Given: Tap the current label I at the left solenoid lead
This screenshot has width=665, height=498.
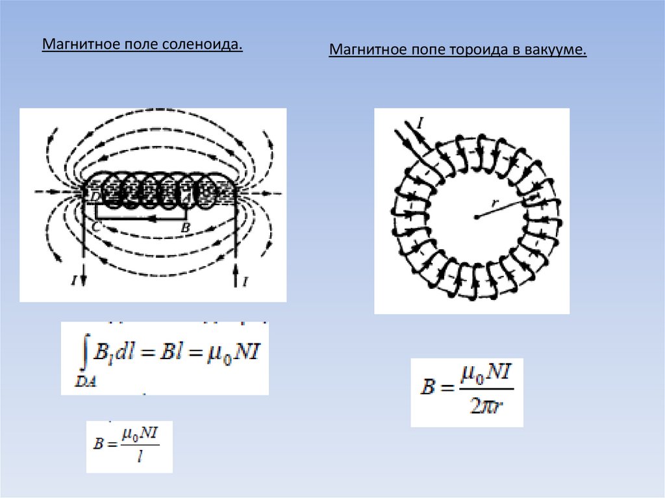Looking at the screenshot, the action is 75,281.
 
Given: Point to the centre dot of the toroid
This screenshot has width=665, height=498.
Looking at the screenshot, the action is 476,217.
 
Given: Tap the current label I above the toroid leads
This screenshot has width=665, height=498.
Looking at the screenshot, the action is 420,123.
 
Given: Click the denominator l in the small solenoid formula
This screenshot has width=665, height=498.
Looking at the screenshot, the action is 133,458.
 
